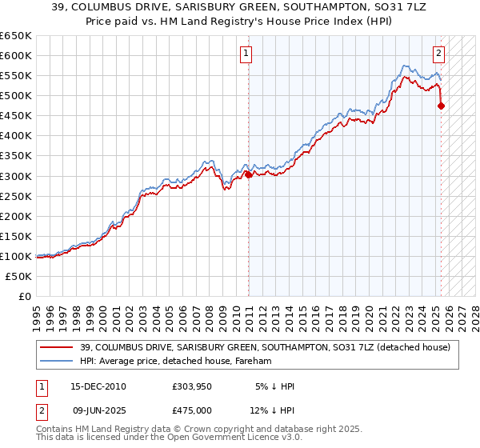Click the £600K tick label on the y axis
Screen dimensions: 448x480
16,55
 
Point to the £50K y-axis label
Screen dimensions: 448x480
18,276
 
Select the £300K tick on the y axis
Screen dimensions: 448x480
16,176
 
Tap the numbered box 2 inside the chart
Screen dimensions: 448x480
439,54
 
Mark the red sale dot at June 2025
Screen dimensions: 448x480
442,106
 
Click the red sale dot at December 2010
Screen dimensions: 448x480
248,174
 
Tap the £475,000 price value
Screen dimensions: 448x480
191,409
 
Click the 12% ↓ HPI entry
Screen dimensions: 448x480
271,409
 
